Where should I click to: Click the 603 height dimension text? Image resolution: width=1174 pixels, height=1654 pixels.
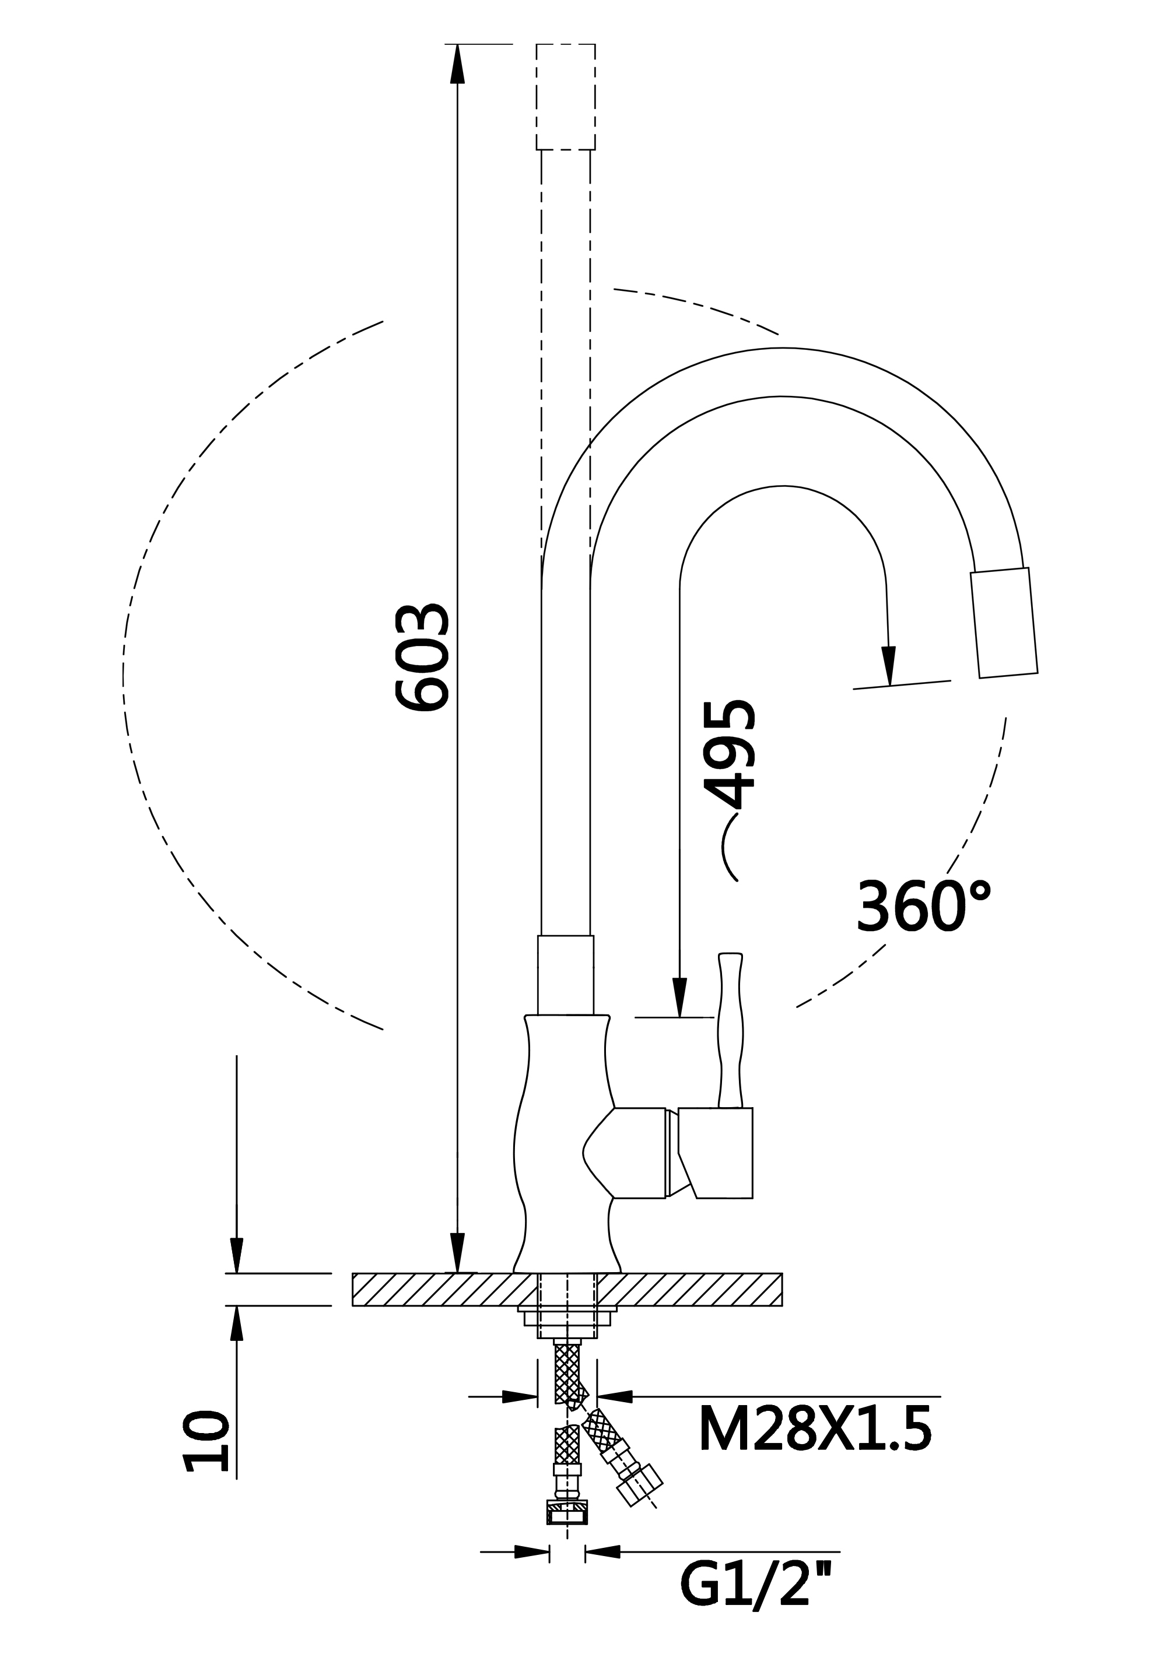tap(423, 658)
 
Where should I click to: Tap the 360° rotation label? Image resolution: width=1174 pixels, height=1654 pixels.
tap(923, 907)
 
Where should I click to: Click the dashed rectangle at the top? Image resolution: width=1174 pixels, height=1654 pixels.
tap(565, 97)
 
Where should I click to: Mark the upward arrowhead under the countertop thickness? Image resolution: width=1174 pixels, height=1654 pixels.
tap(236, 1326)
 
